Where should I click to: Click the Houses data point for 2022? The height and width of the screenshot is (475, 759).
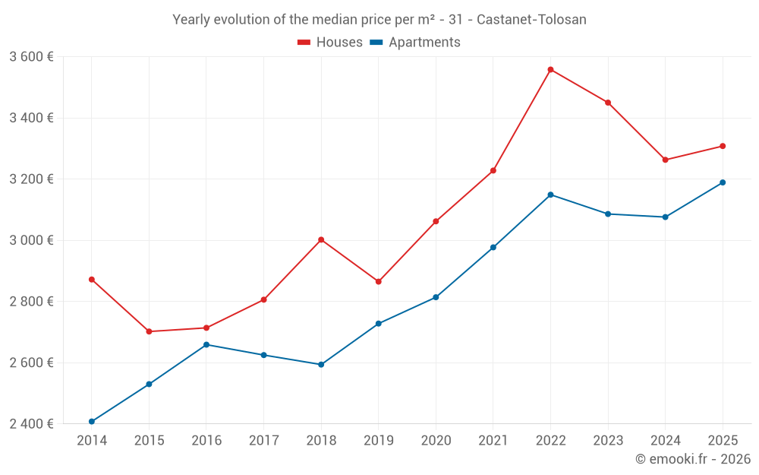click(550, 69)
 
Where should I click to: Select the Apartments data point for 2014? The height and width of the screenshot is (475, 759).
click(92, 421)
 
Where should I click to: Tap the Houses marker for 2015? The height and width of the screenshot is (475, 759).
click(149, 331)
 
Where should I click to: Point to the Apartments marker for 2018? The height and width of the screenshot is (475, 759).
click(321, 365)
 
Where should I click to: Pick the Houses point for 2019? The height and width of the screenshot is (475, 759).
click(379, 282)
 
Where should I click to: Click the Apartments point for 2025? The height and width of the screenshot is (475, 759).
click(723, 182)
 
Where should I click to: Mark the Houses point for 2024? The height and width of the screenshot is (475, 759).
click(666, 160)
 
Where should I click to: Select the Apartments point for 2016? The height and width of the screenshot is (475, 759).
click(206, 344)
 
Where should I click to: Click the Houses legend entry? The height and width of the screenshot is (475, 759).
click(330, 43)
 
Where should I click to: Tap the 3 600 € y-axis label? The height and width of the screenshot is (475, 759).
click(31, 57)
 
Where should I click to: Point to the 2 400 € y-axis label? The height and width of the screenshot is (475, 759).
click(31, 424)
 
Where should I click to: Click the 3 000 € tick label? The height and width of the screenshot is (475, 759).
click(31, 240)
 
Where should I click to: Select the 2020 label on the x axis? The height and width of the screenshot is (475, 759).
click(436, 441)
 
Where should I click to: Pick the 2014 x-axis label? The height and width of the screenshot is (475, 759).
click(92, 441)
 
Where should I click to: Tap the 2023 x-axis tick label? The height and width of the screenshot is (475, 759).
click(608, 441)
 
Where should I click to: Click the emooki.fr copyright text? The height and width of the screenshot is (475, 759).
click(692, 459)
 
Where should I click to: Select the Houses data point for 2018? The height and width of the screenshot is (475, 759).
click(321, 239)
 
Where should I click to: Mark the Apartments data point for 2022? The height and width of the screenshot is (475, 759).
click(550, 195)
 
